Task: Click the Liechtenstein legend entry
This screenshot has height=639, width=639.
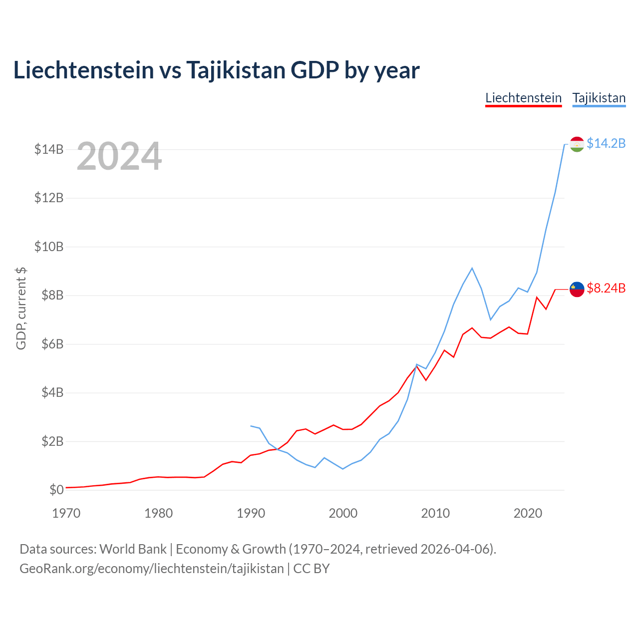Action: [523, 98]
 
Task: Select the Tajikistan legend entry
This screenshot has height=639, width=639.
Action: [599, 98]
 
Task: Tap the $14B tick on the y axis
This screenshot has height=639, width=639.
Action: [49, 150]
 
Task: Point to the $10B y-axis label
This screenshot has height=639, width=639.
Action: [49, 247]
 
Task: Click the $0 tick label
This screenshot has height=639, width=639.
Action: [56, 490]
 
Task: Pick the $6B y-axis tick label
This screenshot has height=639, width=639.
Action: [52, 344]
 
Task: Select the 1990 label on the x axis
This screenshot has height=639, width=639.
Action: [251, 513]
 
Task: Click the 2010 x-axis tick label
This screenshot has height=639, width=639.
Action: [435, 513]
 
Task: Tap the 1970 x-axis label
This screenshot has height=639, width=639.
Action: [66, 513]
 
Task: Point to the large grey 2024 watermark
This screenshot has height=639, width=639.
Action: [119, 156]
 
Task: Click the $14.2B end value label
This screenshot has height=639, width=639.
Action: [606, 143]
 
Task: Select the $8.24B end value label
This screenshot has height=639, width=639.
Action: [606, 288]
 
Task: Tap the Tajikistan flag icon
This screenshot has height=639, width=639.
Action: [577, 144]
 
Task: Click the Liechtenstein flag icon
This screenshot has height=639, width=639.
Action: [577, 290]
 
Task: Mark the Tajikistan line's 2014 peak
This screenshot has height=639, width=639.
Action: [472, 268]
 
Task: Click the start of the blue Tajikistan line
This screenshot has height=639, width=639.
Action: [251, 426]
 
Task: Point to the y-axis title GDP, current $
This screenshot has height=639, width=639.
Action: [21, 309]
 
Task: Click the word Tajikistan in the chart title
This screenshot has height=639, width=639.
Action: [236, 70]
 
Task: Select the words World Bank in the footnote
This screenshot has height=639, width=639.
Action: [133, 550]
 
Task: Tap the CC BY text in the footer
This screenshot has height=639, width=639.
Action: [312, 569]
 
